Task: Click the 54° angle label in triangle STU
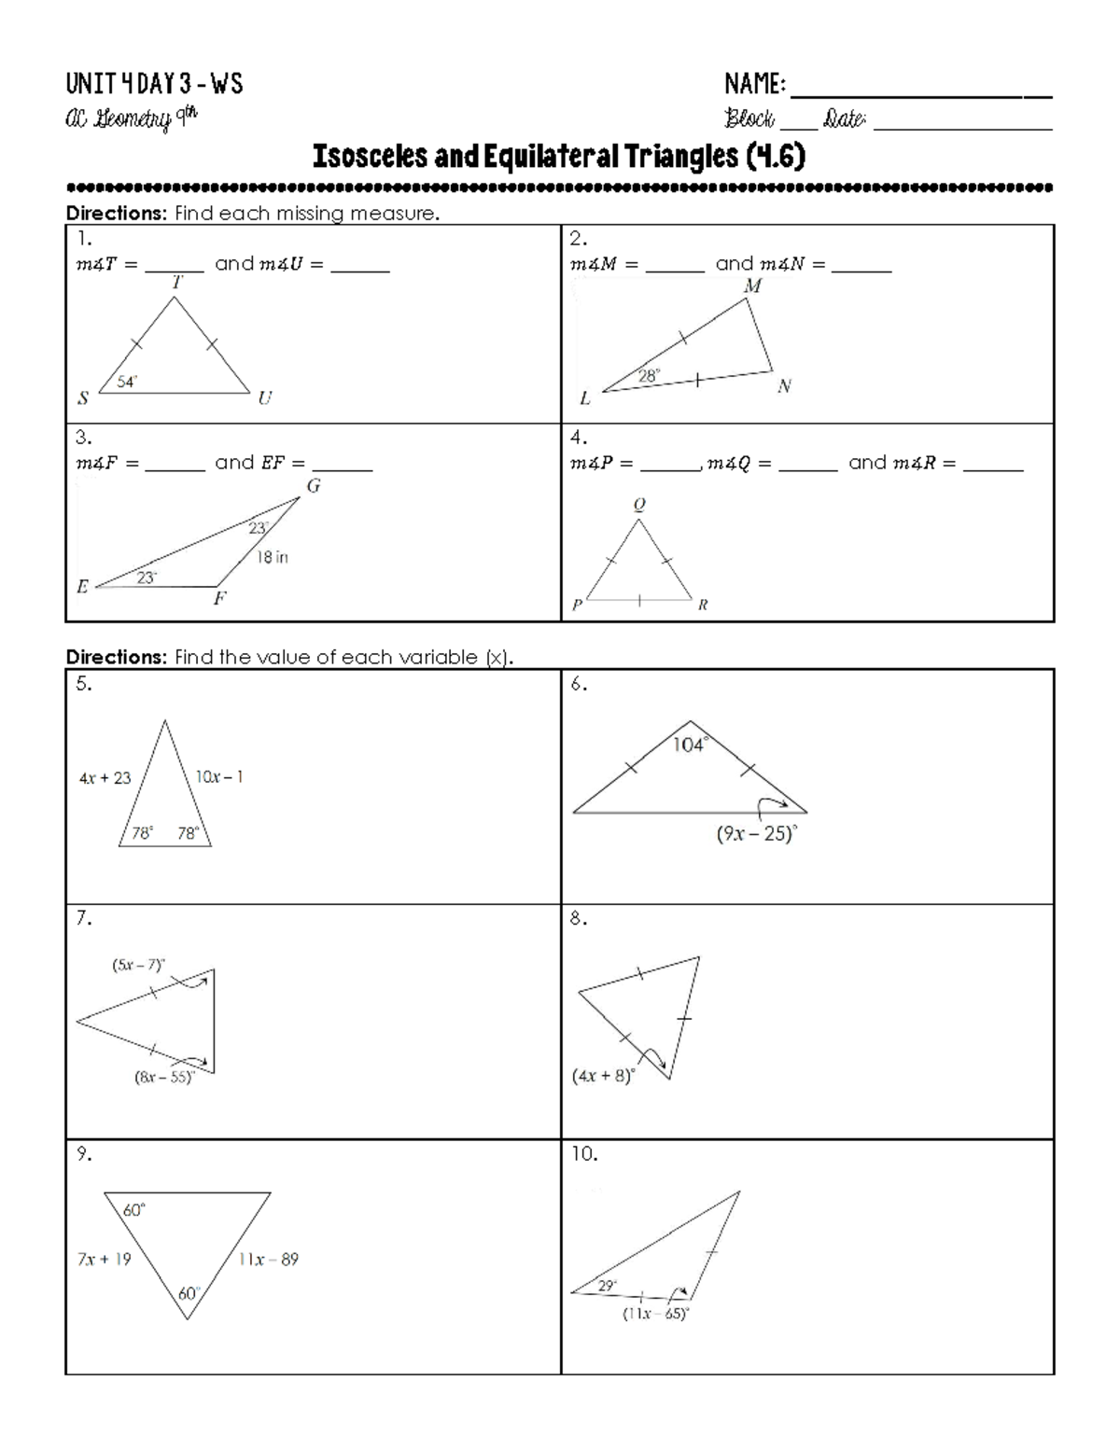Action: (x=127, y=382)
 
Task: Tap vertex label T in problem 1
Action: (x=176, y=281)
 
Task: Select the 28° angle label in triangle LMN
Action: (x=649, y=376)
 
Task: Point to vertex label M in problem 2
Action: (x=752, y=286)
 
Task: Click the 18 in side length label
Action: (x=272, y=557)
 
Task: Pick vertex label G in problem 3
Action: (x=314, y=485)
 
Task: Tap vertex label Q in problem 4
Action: (x=639, y=505)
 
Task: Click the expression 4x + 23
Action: (x=105, y=777)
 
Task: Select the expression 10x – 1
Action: (x=219, y=776)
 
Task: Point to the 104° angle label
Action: (x=689, y=745)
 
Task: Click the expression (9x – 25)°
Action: (x=757, y=834)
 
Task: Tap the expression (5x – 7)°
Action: (x=138, y=965)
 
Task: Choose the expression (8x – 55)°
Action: (x=164, y=1077)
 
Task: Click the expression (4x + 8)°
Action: (x=603, y=1075)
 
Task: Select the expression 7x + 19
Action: (x=104, y=1259)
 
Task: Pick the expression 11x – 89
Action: (x=268, y=1259)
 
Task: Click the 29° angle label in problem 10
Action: (x=608, y=1285)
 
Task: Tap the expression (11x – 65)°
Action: (x=655, y=1314)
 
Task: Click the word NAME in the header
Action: (x=754, y=85)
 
